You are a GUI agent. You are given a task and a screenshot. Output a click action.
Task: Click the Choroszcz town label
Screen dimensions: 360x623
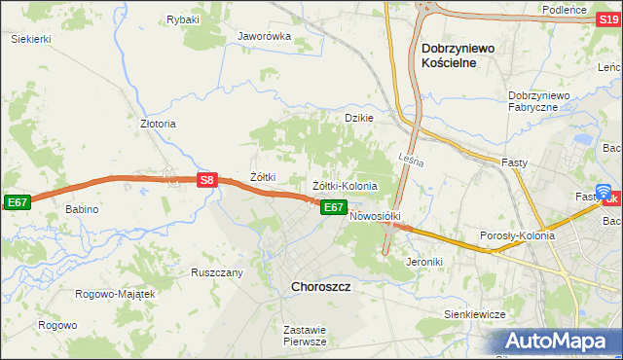(x=321, y=287)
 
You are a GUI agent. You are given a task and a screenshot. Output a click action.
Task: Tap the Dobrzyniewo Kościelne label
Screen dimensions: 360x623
(x=461, y=54)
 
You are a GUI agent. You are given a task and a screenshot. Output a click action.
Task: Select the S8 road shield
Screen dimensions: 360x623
(x=206, y=180)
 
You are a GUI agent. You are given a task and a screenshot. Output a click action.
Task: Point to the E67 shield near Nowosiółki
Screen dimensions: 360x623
(x=333, y=207)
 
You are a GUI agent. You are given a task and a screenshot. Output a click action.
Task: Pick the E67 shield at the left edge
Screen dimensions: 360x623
(x=17, y=201)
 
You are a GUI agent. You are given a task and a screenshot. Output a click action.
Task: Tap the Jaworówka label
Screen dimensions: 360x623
(x=265, y=37)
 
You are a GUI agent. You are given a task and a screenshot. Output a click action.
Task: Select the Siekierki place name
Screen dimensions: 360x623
(x=30, y=38)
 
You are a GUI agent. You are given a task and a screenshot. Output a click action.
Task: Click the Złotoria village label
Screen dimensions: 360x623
(x=159, y=125)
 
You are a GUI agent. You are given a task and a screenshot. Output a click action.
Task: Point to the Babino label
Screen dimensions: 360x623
(x=83, y=209)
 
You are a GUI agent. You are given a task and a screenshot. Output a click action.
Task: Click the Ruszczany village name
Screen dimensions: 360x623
(x=216, y=272)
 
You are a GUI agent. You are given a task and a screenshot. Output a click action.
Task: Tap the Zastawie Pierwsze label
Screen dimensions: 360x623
(x=304, y=336)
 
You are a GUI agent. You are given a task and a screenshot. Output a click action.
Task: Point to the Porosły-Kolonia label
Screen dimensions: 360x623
(x=517, y=235)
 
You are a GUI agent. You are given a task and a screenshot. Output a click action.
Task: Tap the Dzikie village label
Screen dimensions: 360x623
(x=359, y=118)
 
